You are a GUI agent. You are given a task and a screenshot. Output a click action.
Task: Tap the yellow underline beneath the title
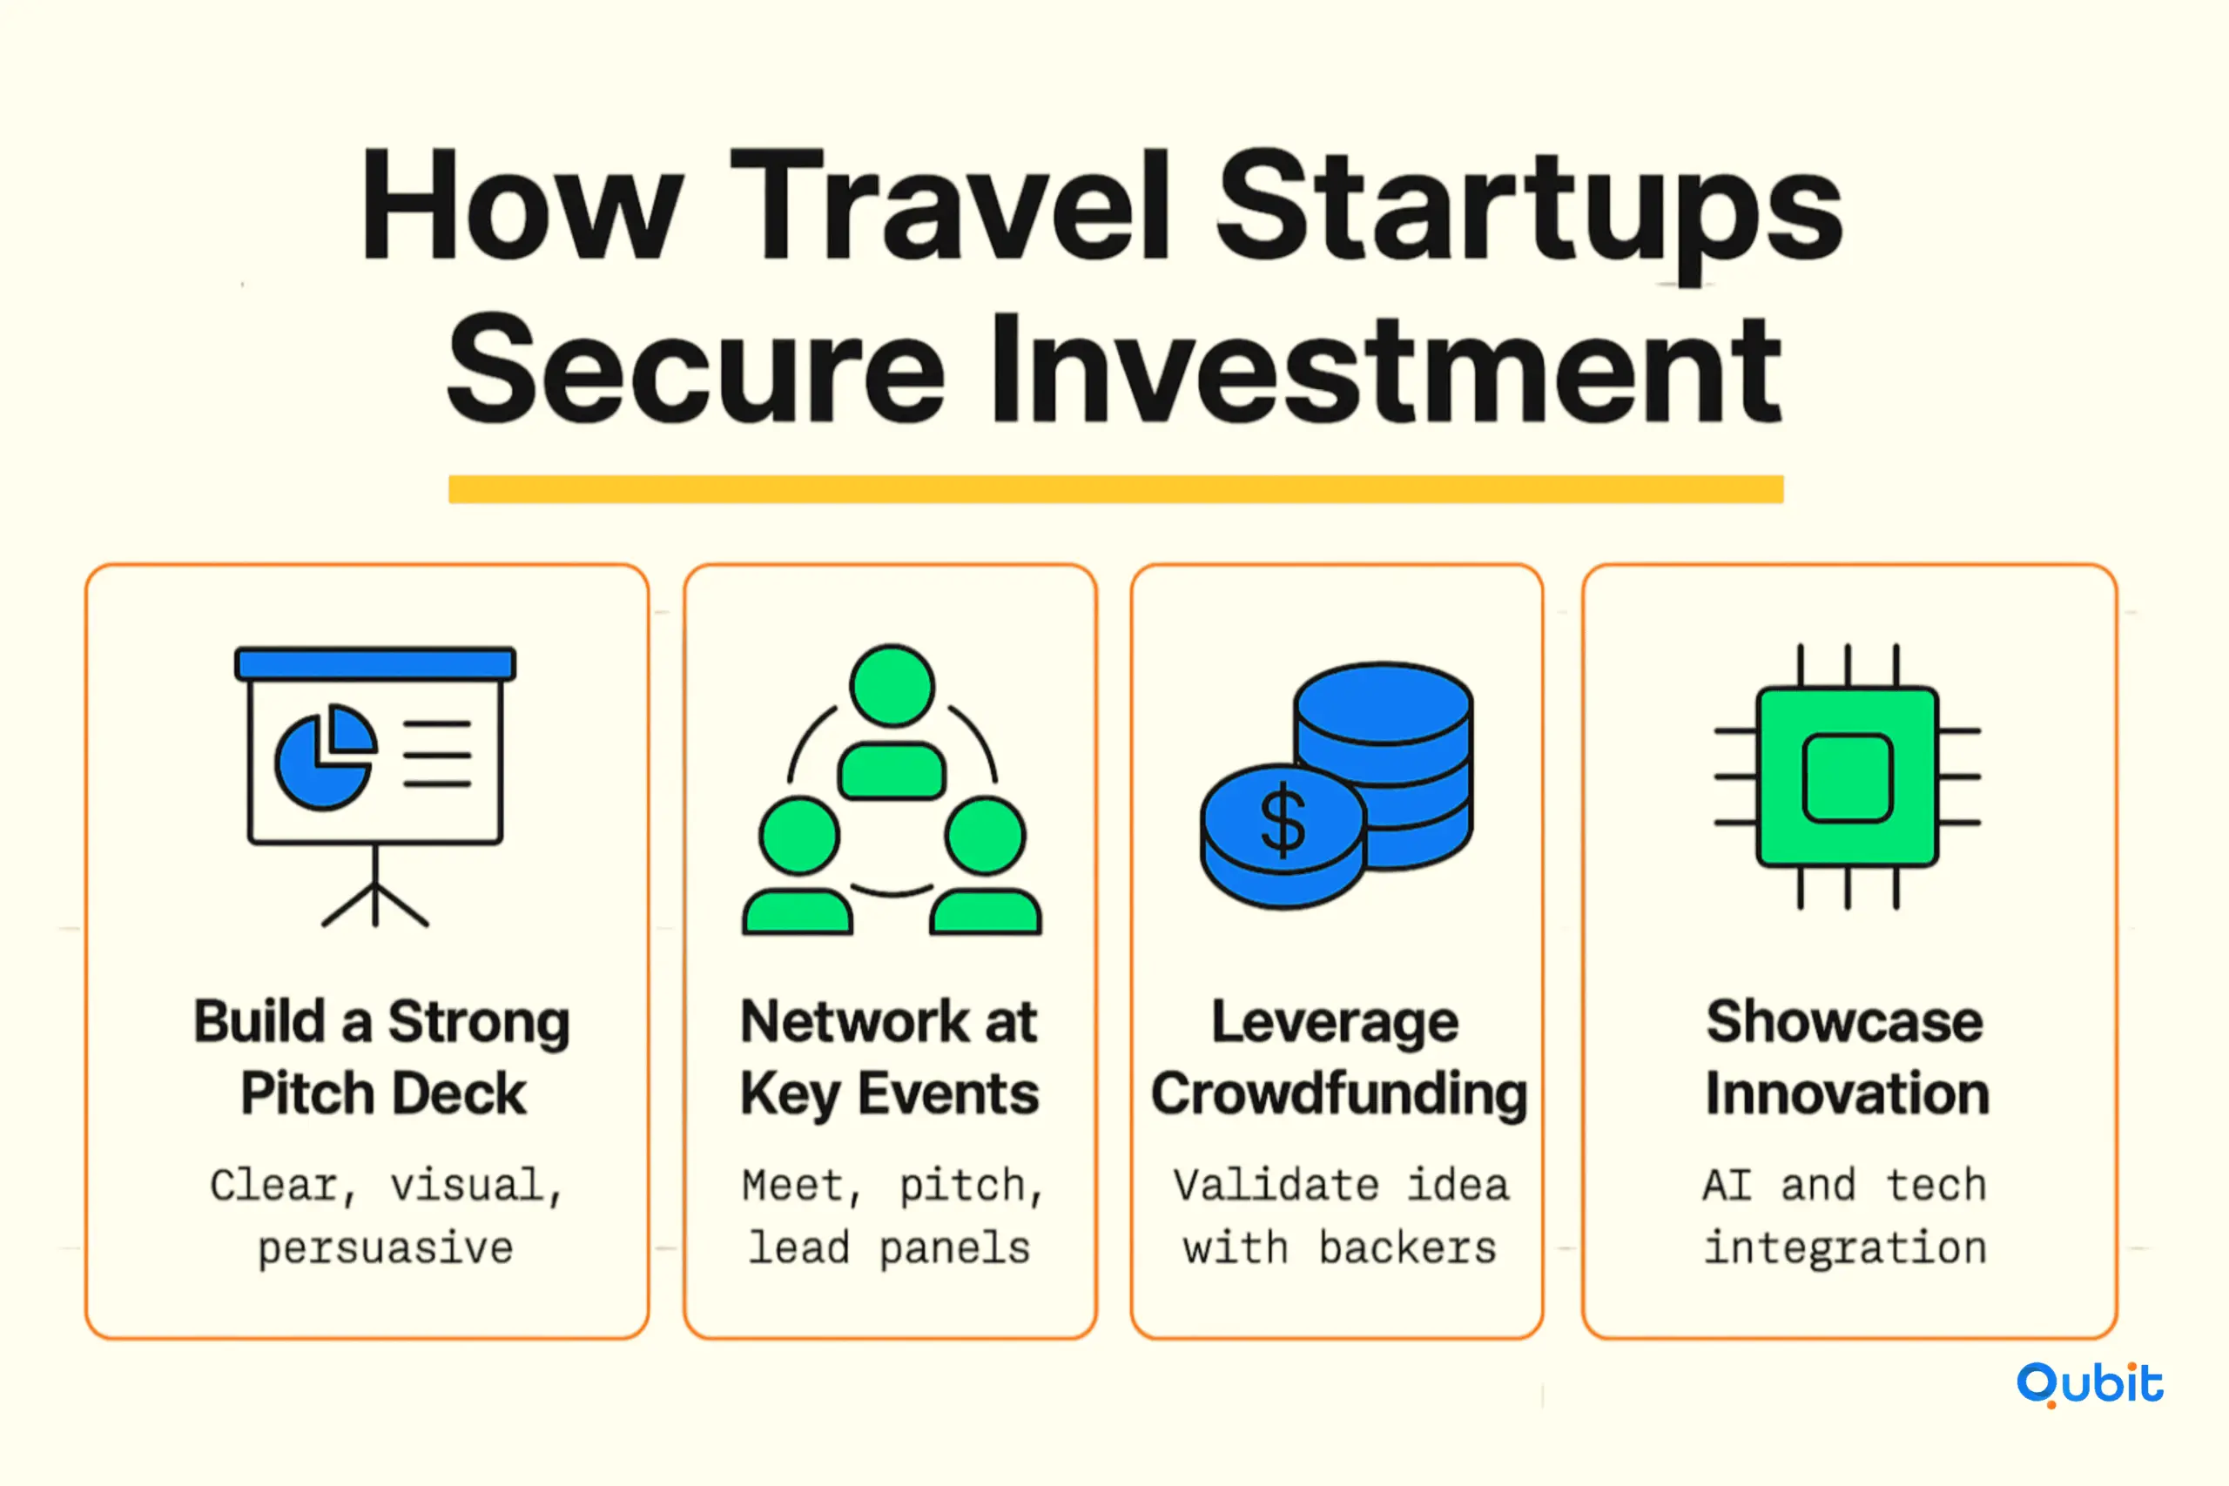(x=1115, y=489)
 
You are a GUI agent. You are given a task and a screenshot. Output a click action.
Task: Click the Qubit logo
(x=2090, y=1385)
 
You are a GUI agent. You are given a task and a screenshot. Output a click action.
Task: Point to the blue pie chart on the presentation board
(x=325, y=756)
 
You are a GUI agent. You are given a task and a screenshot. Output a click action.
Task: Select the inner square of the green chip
(x=1847, y=777)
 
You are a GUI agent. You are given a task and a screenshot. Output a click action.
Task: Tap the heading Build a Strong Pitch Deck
(x=382, y=1058)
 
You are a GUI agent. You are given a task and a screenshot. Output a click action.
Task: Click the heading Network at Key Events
(x=889, y=1058)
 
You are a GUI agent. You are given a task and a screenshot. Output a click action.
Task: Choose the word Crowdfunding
(x=1338, y=1093)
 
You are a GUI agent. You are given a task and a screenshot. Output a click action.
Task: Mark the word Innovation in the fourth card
(x=1847, y=1093)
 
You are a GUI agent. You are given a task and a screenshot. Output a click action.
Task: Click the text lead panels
(x=889, y=1247)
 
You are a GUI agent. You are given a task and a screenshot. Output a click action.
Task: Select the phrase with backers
(x=1339, y=1247)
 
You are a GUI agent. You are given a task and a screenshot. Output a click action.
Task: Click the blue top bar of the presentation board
(x=375, y=663)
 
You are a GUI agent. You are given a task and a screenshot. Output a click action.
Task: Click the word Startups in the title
(x=1529, y=213)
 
